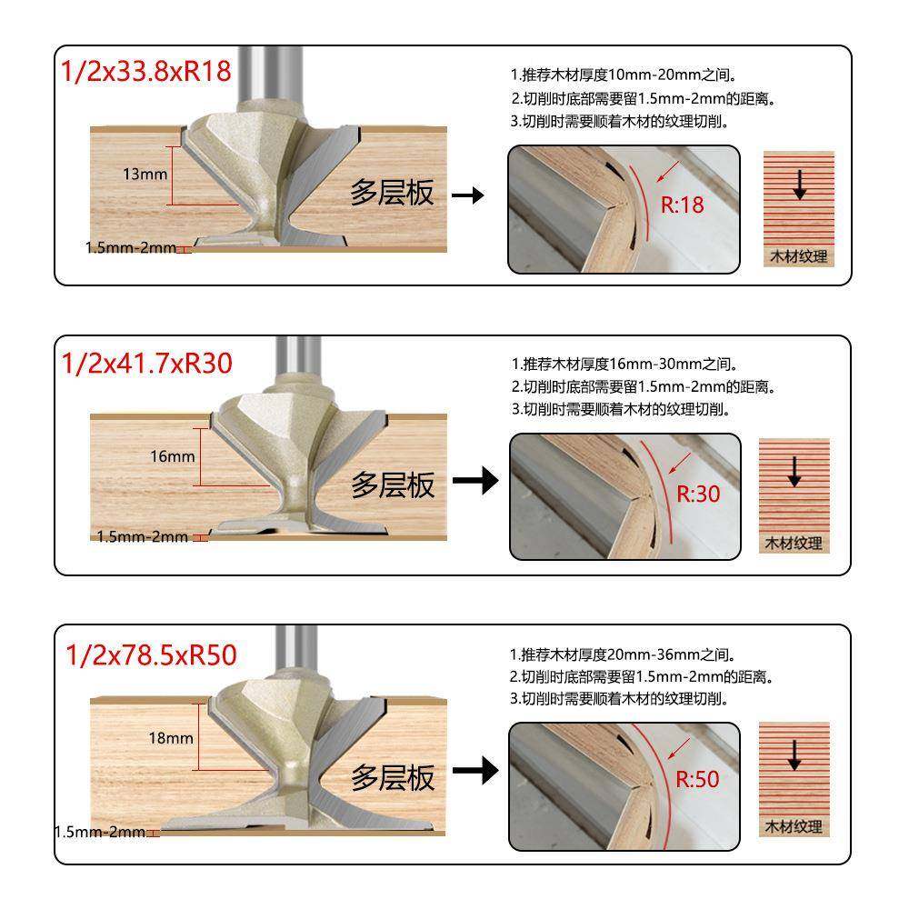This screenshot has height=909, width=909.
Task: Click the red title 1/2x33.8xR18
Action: click(146, 72)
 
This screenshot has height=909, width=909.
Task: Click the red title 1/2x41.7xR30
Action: click(146, 364)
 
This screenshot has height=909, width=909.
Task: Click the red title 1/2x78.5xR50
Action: click(151, 654)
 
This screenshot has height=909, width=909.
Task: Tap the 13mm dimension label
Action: click(144, 175)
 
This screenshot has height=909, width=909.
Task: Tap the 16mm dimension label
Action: click(173, 456)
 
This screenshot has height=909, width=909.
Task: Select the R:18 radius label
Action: click(682, 205)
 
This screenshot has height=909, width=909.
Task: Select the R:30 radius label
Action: click(698, 494)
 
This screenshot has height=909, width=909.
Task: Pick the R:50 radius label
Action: click(696, 779)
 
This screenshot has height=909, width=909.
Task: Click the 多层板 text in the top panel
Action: click(393, 193)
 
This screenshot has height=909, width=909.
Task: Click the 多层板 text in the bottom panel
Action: click(393, 777)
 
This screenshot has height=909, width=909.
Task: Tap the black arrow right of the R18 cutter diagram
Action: click(468, 195)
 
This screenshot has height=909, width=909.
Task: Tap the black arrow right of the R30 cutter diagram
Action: click(475, 481)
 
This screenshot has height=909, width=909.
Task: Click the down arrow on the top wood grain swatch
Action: click(799, 186)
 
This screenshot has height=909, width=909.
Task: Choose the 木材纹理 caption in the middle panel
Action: click(793, 544)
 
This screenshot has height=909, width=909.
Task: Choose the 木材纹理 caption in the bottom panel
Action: click(793, 827)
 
